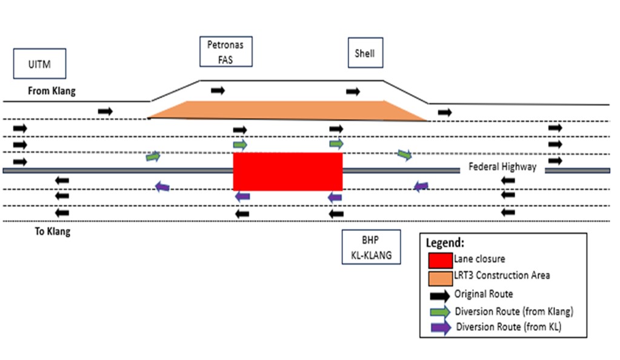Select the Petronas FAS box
pyautogui.click(x=225, y=52)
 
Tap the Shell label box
pyautogui.click(x=365, y=53)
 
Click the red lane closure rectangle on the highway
pyautogui.click(x=288, y=172)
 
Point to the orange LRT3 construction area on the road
pyautogui.click(x=288, y=110)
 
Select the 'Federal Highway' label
pyautogui.click(x=502, y=167)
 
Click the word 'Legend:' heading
pyautogui.click(x=445, y=242)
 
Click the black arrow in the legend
pyautogui.click(x=440, y=295)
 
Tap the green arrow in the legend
pyautogui.click(x=440, y=312)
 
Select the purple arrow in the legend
pyautogui.click(x=440, y=328)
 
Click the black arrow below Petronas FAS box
pyautogui.click(x=218, y=90)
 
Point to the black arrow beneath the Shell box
pyautogui.click(x=353, y=92)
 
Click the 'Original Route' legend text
pyautogui.click(x=484, y=294)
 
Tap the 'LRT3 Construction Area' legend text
pyautogui.click(x=502, y=276)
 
